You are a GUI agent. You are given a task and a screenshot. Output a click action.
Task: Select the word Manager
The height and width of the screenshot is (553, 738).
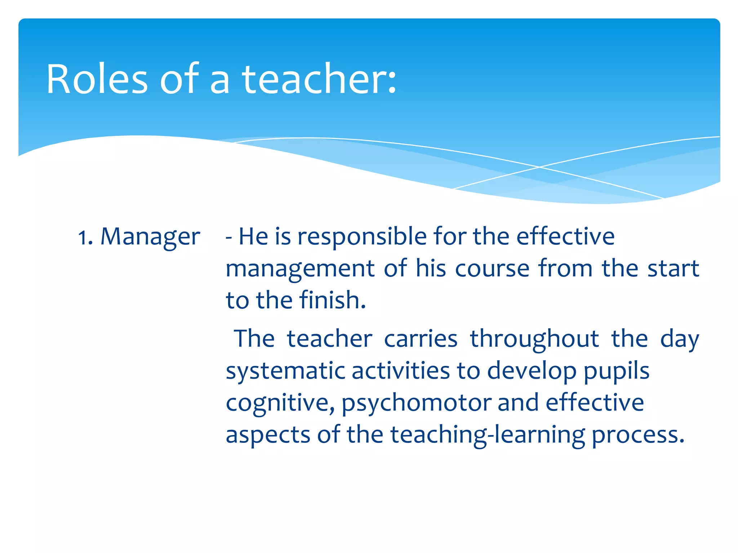150,238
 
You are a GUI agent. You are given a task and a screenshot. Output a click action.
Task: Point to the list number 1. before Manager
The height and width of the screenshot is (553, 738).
85,238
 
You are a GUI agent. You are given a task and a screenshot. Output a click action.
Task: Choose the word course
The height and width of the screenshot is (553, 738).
492,269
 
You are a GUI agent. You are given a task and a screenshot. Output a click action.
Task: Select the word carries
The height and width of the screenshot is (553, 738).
421,339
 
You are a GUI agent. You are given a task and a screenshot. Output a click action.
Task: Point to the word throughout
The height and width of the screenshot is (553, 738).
534,339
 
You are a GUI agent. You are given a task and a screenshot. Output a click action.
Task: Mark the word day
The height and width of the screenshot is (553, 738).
680,340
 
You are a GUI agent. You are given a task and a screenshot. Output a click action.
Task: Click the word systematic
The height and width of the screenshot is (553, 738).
285,372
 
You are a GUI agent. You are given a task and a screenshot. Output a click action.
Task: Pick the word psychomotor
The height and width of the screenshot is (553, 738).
416,403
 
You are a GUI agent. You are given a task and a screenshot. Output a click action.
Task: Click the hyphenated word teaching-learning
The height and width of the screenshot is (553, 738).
488,435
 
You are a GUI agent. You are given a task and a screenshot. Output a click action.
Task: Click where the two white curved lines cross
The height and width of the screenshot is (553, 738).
539,167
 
